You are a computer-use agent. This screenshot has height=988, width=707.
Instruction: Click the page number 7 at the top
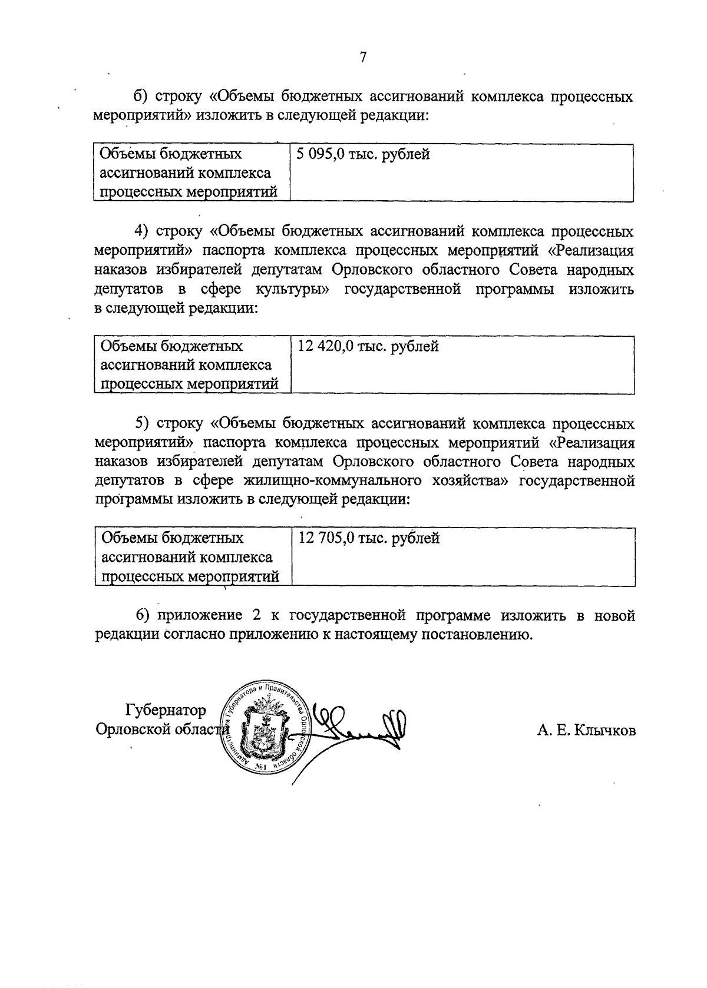pyautogui.click(x=363, y=57)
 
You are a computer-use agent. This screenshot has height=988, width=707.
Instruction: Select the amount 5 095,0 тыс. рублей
pyautogui.click(x=364, y=154)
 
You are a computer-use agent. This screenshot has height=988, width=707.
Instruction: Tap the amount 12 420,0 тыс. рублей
pyautogui.click(x=368, y=346)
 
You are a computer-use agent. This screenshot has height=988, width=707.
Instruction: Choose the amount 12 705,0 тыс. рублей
pyautogui.click(x=369, y=538)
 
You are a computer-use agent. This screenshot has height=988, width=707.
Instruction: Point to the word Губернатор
pyautogui.click(x=166, y=711)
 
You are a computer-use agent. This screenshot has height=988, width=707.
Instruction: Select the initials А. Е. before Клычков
pyautogui.click(x=551, y=731)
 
